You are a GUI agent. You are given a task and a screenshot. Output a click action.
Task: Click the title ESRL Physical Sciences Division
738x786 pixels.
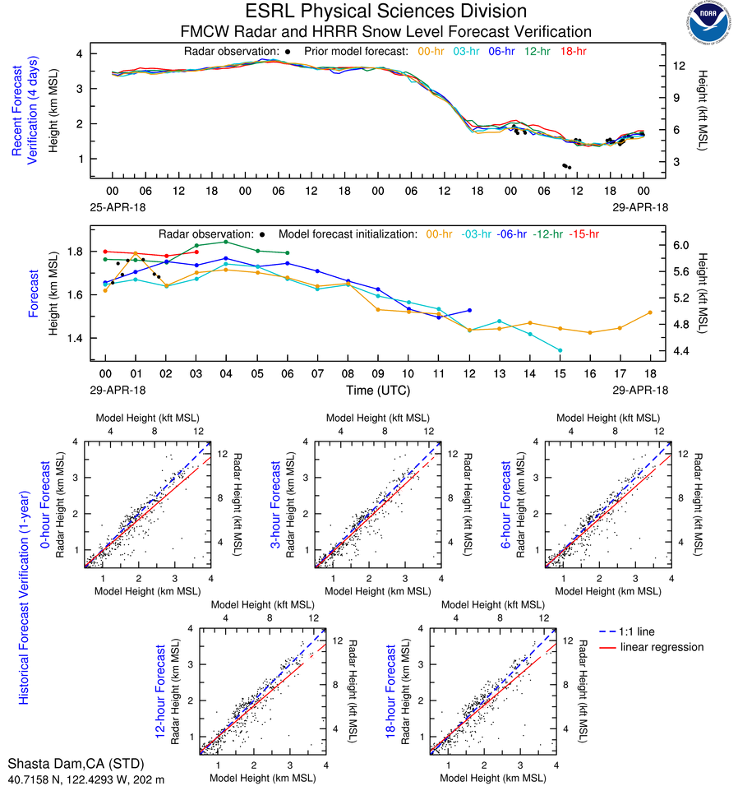(x=385, y=12)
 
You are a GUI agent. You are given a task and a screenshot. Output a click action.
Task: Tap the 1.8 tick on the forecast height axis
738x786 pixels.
(x=78, y=251)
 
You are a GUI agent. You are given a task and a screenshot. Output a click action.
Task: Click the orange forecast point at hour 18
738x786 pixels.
(x=650, y=312)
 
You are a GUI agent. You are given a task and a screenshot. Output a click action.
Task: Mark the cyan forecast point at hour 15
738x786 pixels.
(x=560, y=350)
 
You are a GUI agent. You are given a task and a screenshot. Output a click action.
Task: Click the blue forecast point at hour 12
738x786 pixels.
(x=469, y=310)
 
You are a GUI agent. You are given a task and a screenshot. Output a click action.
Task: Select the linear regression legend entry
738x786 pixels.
(x=662, y=647)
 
